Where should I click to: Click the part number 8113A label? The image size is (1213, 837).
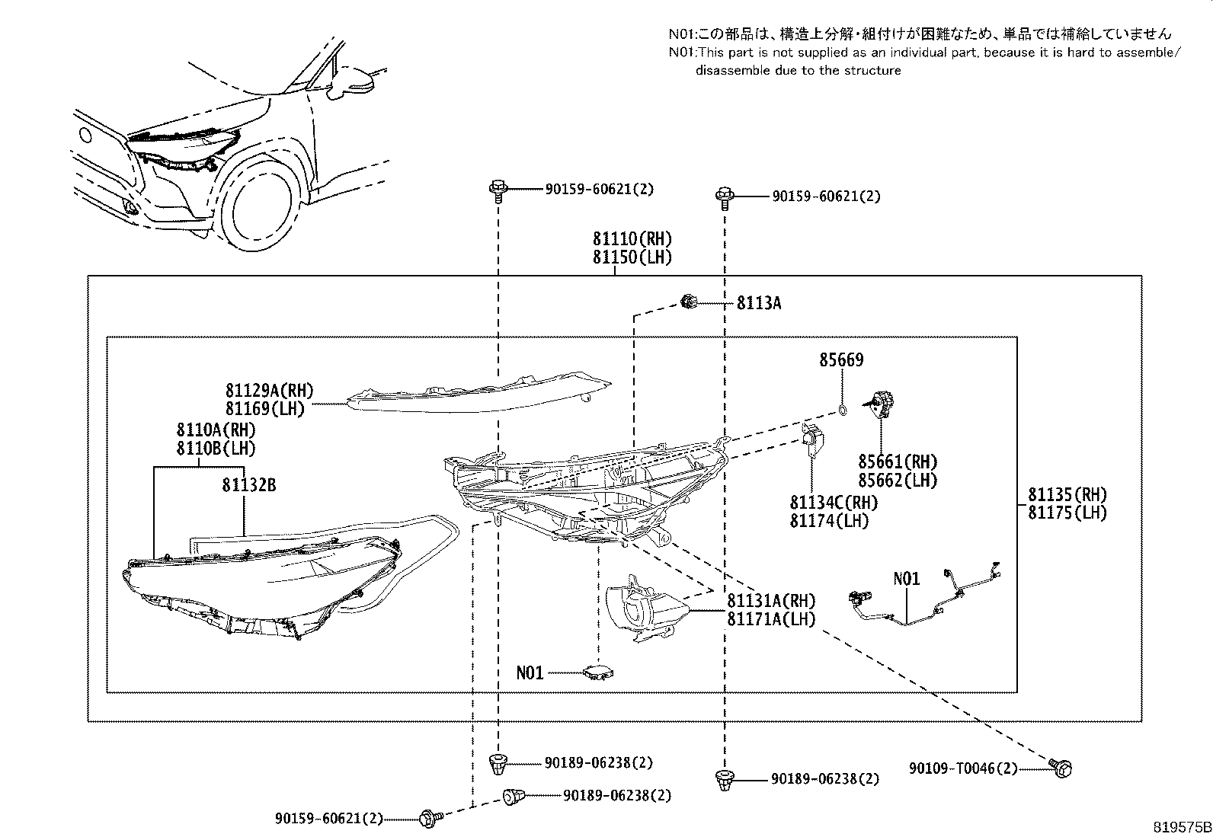(x=758, y=304)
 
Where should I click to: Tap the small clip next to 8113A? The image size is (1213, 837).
(x=690, y=302)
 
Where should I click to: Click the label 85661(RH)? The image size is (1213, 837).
(x=897, y=462)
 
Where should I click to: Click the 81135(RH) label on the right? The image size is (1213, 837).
(x=1067, y=494)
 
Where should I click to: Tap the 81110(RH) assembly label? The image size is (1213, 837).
(x=632, y=238)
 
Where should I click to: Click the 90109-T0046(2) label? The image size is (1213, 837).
(x=962, y=769)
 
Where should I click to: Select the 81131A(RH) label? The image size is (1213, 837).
(x=771, y=601)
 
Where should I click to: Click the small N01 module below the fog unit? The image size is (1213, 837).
(x=598, y=672)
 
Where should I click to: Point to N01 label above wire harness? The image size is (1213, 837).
(x=906, y=580)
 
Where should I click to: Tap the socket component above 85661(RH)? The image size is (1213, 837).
(x=883, y=403)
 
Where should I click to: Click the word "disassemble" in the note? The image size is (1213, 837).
(x=728, y=71)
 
